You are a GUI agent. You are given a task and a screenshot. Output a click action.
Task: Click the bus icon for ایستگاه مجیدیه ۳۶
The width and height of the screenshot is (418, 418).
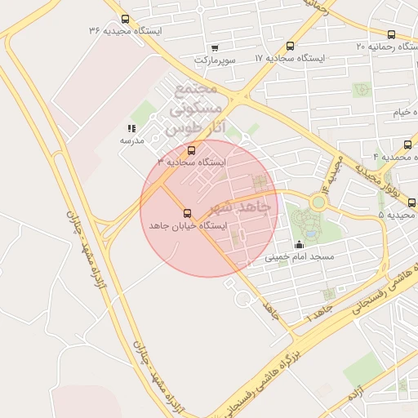tap(125, 19)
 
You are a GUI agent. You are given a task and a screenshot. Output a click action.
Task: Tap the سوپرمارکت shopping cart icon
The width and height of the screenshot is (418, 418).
tap(215, 48)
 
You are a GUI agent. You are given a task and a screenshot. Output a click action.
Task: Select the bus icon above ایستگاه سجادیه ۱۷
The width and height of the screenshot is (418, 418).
tap(291, 47)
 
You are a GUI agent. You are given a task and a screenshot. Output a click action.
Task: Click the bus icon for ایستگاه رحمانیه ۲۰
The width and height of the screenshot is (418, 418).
tap(391, 35)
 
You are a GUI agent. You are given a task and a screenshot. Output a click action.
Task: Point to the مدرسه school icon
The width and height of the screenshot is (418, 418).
tap(131, 128)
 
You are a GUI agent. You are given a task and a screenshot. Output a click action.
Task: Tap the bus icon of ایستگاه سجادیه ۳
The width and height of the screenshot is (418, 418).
tap(192, 150)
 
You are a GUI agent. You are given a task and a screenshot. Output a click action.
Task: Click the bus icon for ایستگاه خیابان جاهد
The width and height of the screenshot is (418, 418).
tap(188, 212)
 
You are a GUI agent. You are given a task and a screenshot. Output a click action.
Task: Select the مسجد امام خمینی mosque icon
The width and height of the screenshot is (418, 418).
tap(298, 244)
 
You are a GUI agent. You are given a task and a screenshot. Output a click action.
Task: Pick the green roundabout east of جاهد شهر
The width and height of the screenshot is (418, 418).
tap(318, 201)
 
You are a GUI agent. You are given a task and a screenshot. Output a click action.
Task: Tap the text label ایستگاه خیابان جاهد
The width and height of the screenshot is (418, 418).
tap(187, 225)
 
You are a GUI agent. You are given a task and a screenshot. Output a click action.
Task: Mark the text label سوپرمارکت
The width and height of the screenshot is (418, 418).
tap(215, 60)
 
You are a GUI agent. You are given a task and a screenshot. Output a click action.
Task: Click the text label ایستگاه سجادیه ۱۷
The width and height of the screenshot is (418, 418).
tap(290, 59)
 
